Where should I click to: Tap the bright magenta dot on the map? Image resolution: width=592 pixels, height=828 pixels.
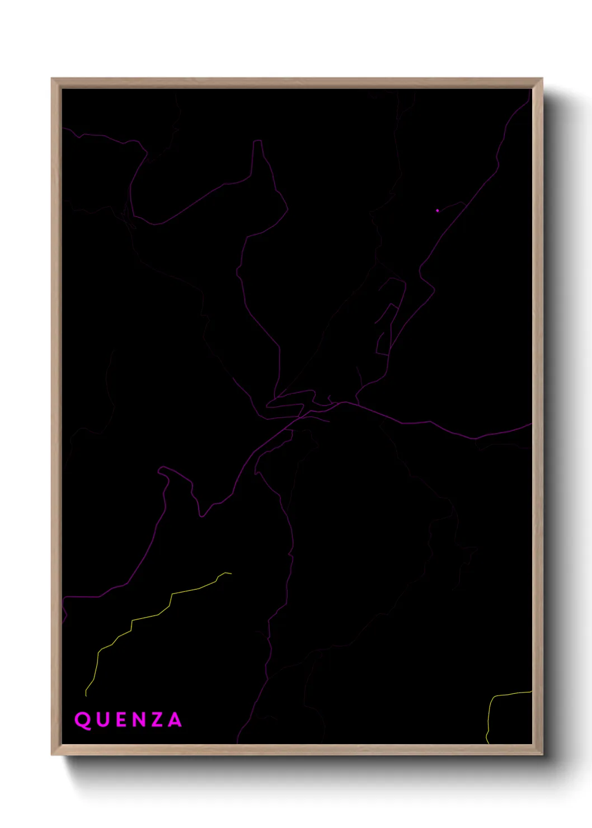(437, 210)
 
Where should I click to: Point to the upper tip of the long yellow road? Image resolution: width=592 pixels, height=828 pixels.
(230, 573)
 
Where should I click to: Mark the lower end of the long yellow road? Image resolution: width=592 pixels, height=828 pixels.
(86, 695)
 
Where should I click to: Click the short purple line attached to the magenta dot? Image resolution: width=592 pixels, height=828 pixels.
(451, 206)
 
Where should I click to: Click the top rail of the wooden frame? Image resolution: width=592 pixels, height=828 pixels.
(297, 83)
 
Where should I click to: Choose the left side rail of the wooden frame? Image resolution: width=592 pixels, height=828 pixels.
(56, 414)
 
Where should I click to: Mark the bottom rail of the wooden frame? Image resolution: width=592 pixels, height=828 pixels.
(297, 750)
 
